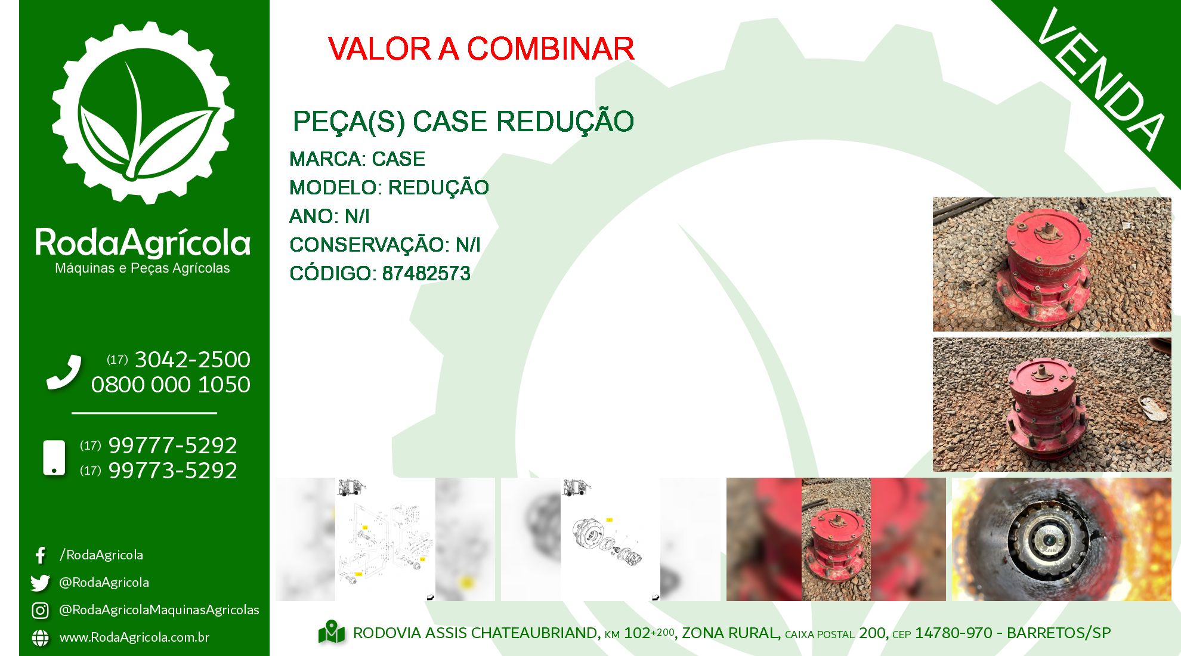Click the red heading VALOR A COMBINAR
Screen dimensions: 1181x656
click(x=481, y=48)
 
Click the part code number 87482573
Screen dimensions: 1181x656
click(x=426, y=273)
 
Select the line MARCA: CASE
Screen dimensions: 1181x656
click(x=357, y=159)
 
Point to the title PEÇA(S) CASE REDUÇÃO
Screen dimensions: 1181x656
click(x=463, y=121)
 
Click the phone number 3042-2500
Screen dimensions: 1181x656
click(x=192, y=360)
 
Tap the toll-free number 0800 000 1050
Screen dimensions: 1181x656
click(x=171, y=385)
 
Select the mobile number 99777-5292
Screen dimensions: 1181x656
click(x=172, y=445)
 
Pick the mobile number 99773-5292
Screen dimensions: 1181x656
click(x=172, y=471)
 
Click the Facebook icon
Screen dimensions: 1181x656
click(x=41, y=555)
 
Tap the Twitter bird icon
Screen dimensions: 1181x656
click(x=40, y=583)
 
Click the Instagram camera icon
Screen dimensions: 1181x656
click(x=40, y=610)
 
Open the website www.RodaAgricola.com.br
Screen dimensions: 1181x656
click(x=134, y=638)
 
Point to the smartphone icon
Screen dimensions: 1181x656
click(x=54, y=458)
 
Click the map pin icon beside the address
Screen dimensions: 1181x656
click(x=332, y=633)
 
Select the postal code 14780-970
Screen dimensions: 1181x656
click(x=953, y=633)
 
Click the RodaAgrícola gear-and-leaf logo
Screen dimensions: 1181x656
click(x=143, y=113)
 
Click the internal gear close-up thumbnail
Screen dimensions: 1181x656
click(x=1062, y=539)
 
